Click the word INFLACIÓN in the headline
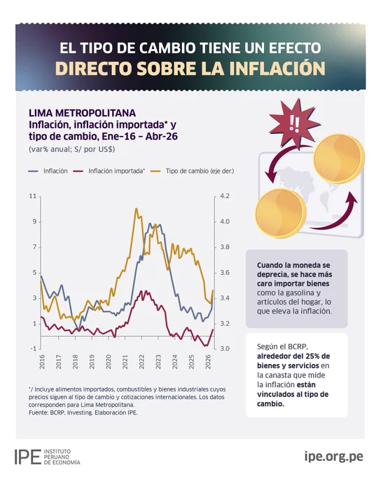coord(277,68)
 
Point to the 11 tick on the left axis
coord(32,196)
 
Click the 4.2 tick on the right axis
coord(225,196)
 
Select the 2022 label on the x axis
coord(141,362)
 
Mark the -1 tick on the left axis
coord(33,349)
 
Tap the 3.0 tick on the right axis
coord(225,349)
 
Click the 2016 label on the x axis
coord(42,362)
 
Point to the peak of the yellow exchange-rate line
coord(136,209)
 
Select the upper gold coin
coord(339,158)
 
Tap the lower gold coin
coord(280,213)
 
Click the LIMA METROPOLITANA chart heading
coord(83,113)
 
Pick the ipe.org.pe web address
coord(333,457)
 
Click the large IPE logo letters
coord(27,457)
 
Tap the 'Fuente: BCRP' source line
coord(83,412)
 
